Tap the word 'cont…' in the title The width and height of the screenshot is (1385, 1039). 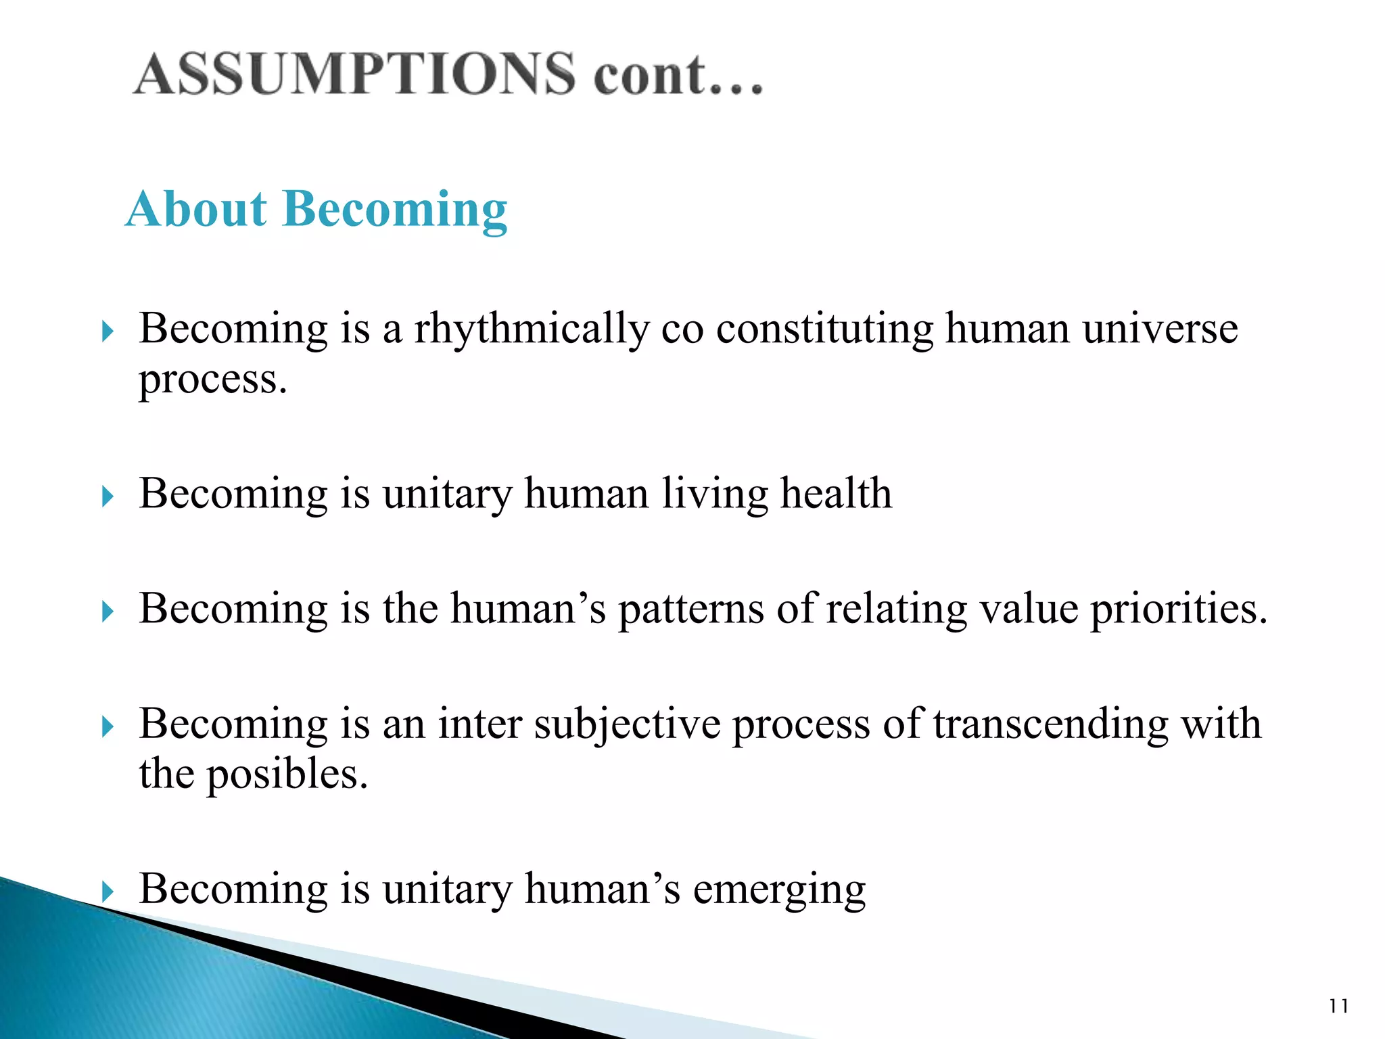click(678, 74)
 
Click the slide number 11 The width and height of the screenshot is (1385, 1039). click(1338, 1007)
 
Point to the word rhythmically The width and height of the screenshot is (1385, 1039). click(532, 330)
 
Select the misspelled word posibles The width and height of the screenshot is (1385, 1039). click(287, 774)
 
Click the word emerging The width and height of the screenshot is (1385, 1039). click(779, 890)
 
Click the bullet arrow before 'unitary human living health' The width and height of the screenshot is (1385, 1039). click(107, 498)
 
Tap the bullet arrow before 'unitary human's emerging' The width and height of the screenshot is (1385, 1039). click(107, 892)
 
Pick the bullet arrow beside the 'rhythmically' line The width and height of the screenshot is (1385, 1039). click(107, 331)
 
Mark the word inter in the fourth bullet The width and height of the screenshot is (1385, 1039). click(479, 724)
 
